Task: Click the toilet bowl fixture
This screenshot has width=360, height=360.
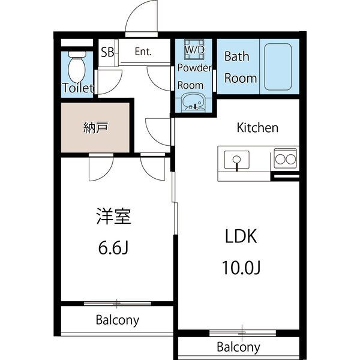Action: point(77,67)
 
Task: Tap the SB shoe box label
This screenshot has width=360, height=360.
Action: point(107,52)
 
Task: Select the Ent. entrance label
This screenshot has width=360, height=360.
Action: point(143,52)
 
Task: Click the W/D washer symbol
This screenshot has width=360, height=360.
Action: point(194,49)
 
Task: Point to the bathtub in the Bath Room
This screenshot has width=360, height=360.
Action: point(278,67)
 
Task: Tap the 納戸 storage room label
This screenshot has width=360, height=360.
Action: point(95,128)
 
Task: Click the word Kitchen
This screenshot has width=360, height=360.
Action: point(257,128)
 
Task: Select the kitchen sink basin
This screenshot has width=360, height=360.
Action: point(237,160)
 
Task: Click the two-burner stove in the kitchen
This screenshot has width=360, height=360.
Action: point(286,159)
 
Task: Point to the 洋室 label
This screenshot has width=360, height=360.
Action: point(113,216)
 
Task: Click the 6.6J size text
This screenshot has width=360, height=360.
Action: point(113,248)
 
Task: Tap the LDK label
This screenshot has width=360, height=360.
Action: point(241,236)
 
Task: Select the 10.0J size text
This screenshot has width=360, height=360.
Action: point(241,268)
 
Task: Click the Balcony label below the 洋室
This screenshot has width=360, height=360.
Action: point(118,320)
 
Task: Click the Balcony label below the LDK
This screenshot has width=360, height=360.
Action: point(239,347)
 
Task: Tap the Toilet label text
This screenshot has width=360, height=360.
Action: point(78,88)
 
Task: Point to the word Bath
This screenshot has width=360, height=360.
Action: point(237,56)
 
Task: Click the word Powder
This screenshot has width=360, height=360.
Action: point(194,67)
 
